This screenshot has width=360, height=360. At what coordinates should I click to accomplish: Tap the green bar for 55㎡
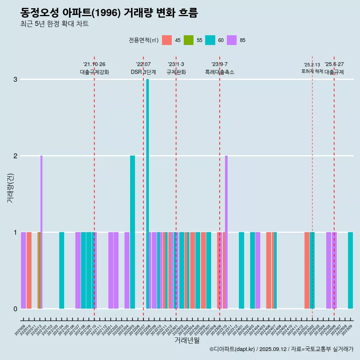[x=39, y=270]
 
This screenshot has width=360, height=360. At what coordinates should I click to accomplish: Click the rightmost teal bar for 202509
[x=350, y=270]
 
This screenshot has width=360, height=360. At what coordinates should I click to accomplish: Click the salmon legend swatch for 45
[x=167, y=40]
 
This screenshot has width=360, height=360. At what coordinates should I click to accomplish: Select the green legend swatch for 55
[x=189, y=40]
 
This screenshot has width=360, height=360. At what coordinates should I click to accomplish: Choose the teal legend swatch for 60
[x=210, y=40]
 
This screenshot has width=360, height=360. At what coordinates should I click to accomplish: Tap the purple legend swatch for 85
[x=232, y=40]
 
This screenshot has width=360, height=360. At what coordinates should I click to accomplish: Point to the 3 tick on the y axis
[x=15, y=79]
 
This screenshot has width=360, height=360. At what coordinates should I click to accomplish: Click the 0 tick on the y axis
[x=15, y=309]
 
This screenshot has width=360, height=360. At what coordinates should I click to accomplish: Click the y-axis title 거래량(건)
[x=10, y=187]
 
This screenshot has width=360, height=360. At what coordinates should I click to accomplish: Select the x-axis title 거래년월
[x=187, y=340]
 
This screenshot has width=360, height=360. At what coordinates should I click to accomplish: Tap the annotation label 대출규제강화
[x=94, y=72]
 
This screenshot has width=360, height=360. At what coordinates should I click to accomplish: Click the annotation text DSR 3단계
[x=143, y=72]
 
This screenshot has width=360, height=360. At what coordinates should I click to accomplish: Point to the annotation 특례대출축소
[x=220, y=72]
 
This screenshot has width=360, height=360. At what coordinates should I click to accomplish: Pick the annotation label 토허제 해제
[x=312, y=71]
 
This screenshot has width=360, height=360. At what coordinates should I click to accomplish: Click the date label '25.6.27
[x=334, y=64]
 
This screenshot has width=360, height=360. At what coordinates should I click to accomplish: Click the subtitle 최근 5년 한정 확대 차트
[x=54, y=24]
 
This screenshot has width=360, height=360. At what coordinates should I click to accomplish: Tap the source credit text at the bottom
[x=281, y=349]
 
